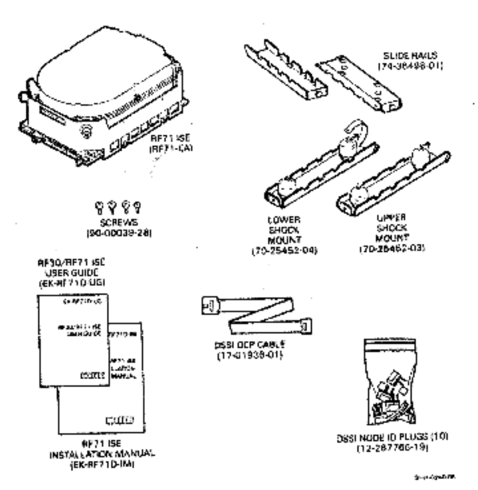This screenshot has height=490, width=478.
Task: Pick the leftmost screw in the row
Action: pyautogui.click(x=98, y=206)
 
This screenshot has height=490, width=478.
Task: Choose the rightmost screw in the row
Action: pyautogui.click(x=135, y=206)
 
